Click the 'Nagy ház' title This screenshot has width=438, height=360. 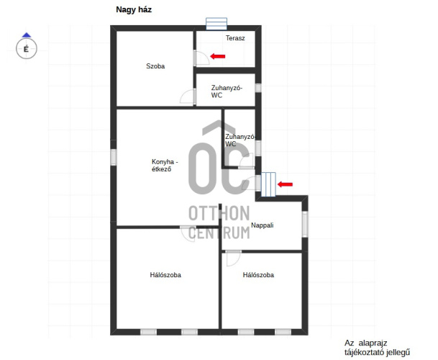coord(134,10)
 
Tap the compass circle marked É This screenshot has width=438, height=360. coord(27,49)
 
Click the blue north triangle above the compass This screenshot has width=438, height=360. coord(27,35)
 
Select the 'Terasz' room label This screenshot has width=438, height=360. coord(235,38)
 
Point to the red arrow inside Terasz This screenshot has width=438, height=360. coord(218,56)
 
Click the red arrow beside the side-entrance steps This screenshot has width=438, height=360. coord(285,184)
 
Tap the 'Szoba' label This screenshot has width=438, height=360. coord(155,66)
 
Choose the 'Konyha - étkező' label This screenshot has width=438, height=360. coord(165,166)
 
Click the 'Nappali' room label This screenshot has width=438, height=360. coord(262,225)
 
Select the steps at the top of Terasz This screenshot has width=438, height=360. coord(216,24)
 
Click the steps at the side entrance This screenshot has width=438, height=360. coord(268,184)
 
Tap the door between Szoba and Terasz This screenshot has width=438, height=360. coord(201,58)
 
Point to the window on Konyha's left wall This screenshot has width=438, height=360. coord(114,157)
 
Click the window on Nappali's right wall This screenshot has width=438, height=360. coord(305,224)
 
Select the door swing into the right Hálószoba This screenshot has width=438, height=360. coord(233,258)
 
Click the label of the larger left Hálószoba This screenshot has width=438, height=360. coord(165,275)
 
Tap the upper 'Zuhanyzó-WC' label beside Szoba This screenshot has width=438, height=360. coord(227,91)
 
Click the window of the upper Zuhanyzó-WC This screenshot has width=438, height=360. coord(258,88)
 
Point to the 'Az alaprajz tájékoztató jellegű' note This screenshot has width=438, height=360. coord(377,348)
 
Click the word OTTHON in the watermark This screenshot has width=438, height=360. coord(219,213)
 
